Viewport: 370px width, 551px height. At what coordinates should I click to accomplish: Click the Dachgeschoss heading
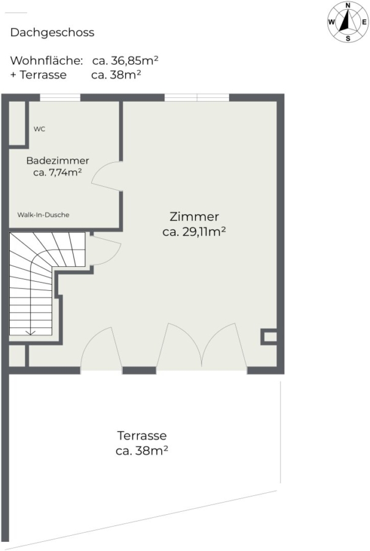click(52, 32)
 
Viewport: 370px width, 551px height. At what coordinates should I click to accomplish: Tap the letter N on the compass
click(348, 6)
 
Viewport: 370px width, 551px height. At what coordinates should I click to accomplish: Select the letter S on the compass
click(348, 39)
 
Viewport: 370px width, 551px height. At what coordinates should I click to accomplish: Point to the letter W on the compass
click(331, 22)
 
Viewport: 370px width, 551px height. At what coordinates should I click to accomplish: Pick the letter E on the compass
click(364, 22)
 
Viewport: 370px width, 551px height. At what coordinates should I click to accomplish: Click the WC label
click(39, 129)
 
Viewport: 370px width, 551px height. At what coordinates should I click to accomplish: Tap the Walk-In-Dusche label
click(43, 215)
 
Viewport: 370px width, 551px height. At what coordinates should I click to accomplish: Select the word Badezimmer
click(58, 160)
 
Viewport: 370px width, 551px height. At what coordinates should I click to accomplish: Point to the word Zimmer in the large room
click(194, 217)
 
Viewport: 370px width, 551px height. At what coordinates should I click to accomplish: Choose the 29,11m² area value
click(203, 231)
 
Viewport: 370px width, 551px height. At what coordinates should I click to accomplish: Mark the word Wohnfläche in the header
click(47, 61)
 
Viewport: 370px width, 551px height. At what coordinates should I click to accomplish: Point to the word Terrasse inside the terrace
click(142, 436)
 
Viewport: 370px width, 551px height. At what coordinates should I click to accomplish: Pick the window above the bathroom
click(60, 97)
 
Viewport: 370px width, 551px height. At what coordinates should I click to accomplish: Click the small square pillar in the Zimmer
click(269, 337)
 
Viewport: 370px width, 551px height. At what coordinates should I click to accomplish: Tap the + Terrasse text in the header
click(39, 75)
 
